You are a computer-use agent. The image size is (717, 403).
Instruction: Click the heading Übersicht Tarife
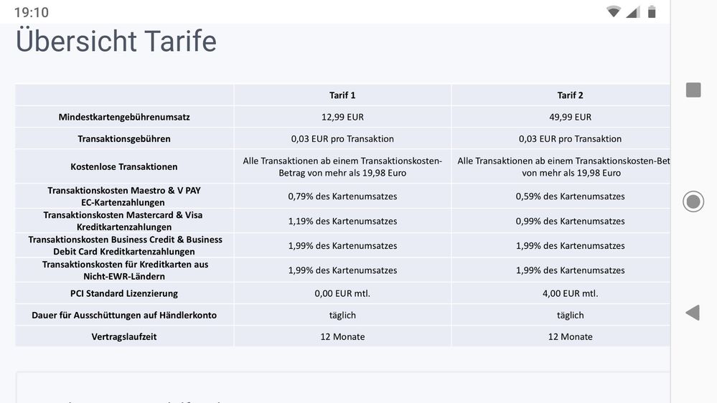tap(116, 42)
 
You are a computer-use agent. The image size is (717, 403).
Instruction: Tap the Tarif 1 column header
tap(342, 95)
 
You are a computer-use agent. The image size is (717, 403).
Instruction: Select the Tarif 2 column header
tap(570, 95)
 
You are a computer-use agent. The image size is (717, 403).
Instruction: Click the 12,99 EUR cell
tap(342, 117)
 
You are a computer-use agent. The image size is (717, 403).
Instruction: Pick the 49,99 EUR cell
tap(570, 117)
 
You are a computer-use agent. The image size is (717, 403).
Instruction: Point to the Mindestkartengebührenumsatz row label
tap(124, 117)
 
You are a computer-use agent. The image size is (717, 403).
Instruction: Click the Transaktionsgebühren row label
tap(124, 138)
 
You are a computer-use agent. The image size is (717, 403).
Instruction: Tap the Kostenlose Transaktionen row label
tap(124, 166)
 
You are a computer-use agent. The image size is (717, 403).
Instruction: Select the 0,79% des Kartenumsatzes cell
tap(342, 196)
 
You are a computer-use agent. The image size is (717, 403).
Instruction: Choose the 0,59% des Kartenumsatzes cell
tap(570, 196)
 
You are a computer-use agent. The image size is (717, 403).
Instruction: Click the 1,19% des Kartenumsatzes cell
tap(342, 221)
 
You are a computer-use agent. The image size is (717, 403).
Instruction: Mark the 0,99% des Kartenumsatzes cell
tap(570, 221)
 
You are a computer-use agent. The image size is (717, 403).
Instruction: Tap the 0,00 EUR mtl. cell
tap(342, 293)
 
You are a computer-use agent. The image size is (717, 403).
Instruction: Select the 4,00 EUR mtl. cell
tap(570, 293)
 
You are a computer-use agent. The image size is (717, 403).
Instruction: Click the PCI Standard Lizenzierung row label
tap(124, 293)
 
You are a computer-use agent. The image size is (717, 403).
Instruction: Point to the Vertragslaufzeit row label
tap(124, 336)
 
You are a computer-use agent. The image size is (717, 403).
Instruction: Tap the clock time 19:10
tap(32, 12)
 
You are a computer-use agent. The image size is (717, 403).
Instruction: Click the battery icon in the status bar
tap(652, 11)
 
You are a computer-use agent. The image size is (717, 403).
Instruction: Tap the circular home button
tap(693, 201)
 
